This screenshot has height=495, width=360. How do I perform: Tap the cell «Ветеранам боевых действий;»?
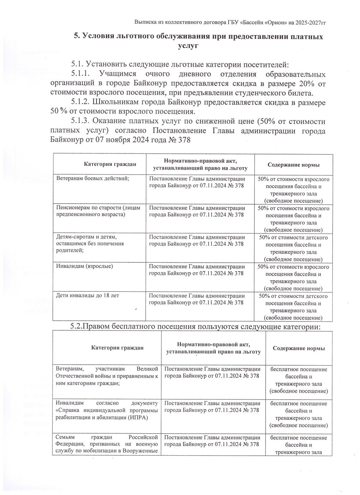[92, 179]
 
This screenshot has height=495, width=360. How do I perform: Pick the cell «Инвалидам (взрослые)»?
[85, 266]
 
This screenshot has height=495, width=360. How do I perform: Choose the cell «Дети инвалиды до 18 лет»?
[88, 295]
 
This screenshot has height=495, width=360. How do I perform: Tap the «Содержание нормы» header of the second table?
[299, 348]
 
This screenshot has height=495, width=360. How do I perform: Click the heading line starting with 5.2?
[195, 326]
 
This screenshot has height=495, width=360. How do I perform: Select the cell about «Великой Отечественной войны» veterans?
[107, 376]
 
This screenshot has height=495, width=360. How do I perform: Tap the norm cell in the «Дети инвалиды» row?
[293, 307]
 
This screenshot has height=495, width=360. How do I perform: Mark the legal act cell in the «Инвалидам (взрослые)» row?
[197, 270]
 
